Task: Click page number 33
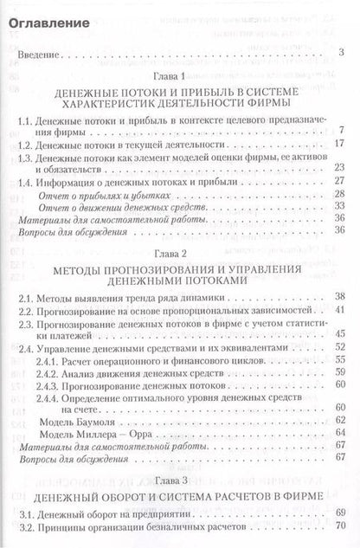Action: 340,208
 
